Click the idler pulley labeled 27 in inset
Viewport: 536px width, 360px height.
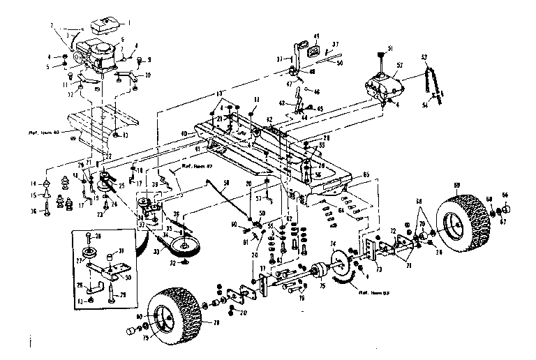[x=89, y=252]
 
